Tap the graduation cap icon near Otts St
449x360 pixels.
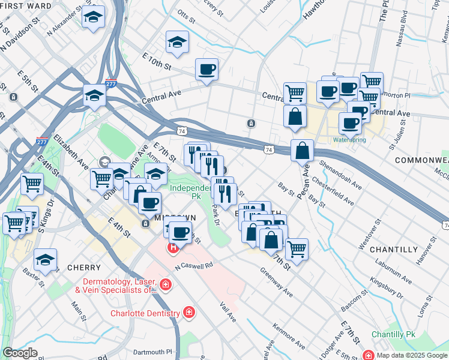177,42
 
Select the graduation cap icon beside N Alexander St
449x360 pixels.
93,17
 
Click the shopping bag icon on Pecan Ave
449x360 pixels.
303,151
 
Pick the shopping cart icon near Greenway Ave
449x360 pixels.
297,249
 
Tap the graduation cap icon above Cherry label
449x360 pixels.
45,260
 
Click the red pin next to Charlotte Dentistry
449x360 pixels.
188,313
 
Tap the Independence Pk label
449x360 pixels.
191,191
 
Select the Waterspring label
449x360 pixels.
349,140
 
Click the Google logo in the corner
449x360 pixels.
20,353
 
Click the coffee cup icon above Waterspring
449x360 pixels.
349,123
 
